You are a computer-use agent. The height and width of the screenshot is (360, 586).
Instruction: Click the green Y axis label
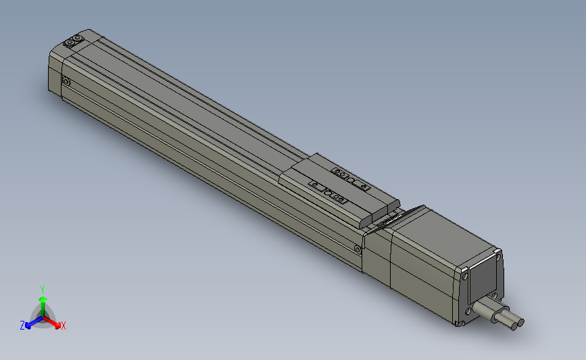(x=42, y=288)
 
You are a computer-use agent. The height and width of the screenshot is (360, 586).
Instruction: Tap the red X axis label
(x=63, y=326)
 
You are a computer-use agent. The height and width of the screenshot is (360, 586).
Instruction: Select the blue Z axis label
(x=22, y=326)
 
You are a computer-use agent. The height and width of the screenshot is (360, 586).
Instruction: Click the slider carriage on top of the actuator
(x=338, y=189)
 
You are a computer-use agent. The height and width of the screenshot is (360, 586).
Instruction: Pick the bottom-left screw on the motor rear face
(x=467, y=311)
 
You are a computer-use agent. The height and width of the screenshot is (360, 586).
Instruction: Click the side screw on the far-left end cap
(x=66, y=82)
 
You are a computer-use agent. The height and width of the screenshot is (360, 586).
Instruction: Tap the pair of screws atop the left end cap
(x=72, y=42)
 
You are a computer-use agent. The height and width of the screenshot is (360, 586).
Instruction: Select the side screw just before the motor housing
(x=357, y=248)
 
